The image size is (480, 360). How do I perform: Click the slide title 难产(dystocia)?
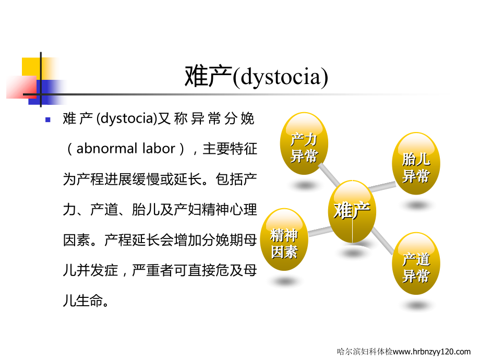(257, 77)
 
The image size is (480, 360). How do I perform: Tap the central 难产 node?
(352, 211)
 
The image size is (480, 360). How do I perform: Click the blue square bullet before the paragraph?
(47, 119)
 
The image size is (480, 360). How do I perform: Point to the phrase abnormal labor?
(126, 149)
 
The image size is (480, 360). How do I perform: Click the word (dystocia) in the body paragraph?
(127, 119)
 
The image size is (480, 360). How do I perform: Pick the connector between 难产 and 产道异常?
(386, 241)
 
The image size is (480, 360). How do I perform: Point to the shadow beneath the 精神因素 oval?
(284, 281)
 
